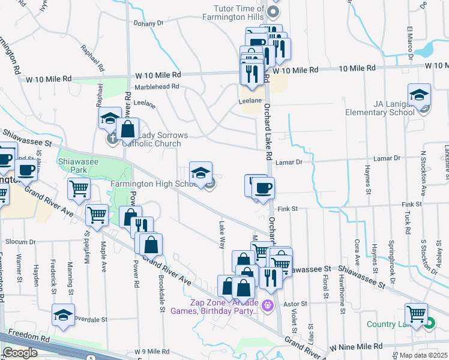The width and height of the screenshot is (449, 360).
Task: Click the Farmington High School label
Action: click(152, 184)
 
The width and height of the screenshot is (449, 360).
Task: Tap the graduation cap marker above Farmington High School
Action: click(201, 173)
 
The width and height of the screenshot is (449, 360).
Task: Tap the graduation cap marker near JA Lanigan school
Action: click(419, 95)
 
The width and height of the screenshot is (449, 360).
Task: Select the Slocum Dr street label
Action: click(21, 242)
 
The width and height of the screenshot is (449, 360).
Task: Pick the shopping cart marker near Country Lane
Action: click(416, 314)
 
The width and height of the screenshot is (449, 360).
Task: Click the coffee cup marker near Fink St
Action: click(262, 189)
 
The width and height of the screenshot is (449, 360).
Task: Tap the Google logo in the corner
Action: click(20, 353)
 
